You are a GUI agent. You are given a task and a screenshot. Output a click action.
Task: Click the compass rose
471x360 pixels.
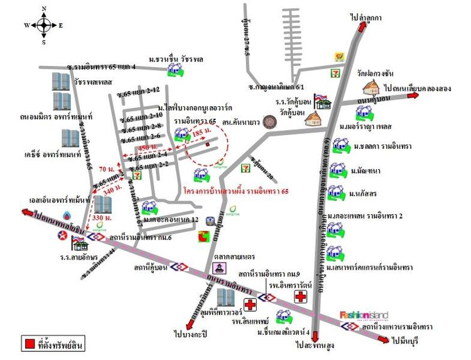point(44,26)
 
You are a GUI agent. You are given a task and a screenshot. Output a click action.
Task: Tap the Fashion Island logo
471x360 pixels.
point(364,315)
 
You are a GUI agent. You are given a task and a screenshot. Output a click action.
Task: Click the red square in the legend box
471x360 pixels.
point(29,344)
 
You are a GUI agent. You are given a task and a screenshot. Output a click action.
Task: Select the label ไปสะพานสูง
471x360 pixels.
point(313,345)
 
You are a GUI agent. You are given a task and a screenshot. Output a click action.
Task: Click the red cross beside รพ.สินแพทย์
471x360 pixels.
point(251,305)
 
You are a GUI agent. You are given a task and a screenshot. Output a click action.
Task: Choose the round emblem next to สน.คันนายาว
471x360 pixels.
point(270,121)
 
